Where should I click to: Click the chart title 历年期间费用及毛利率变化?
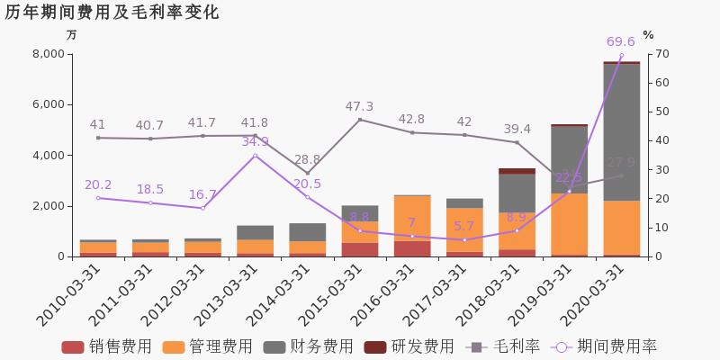click(x=112, y=13)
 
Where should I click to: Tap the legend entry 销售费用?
click(x=107, y=346)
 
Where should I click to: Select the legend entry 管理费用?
click(x=208, y=346)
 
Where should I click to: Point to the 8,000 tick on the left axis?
click(x=48, y=54)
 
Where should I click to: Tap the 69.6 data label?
click(x=620, y=41)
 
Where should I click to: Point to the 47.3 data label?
click(x=359, y=106)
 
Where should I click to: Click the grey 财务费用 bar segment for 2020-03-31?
click(x=621, y=131)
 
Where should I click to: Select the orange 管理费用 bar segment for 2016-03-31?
click(x=411, y=218)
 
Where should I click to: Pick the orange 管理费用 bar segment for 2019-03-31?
click(x=569, y=224)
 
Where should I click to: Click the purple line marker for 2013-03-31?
click(x=255, y=156)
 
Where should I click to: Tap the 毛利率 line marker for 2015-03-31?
click(x=359, y=120)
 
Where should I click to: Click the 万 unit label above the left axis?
click(x=72, y=35)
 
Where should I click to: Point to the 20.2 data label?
click(x=98, y=185)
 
